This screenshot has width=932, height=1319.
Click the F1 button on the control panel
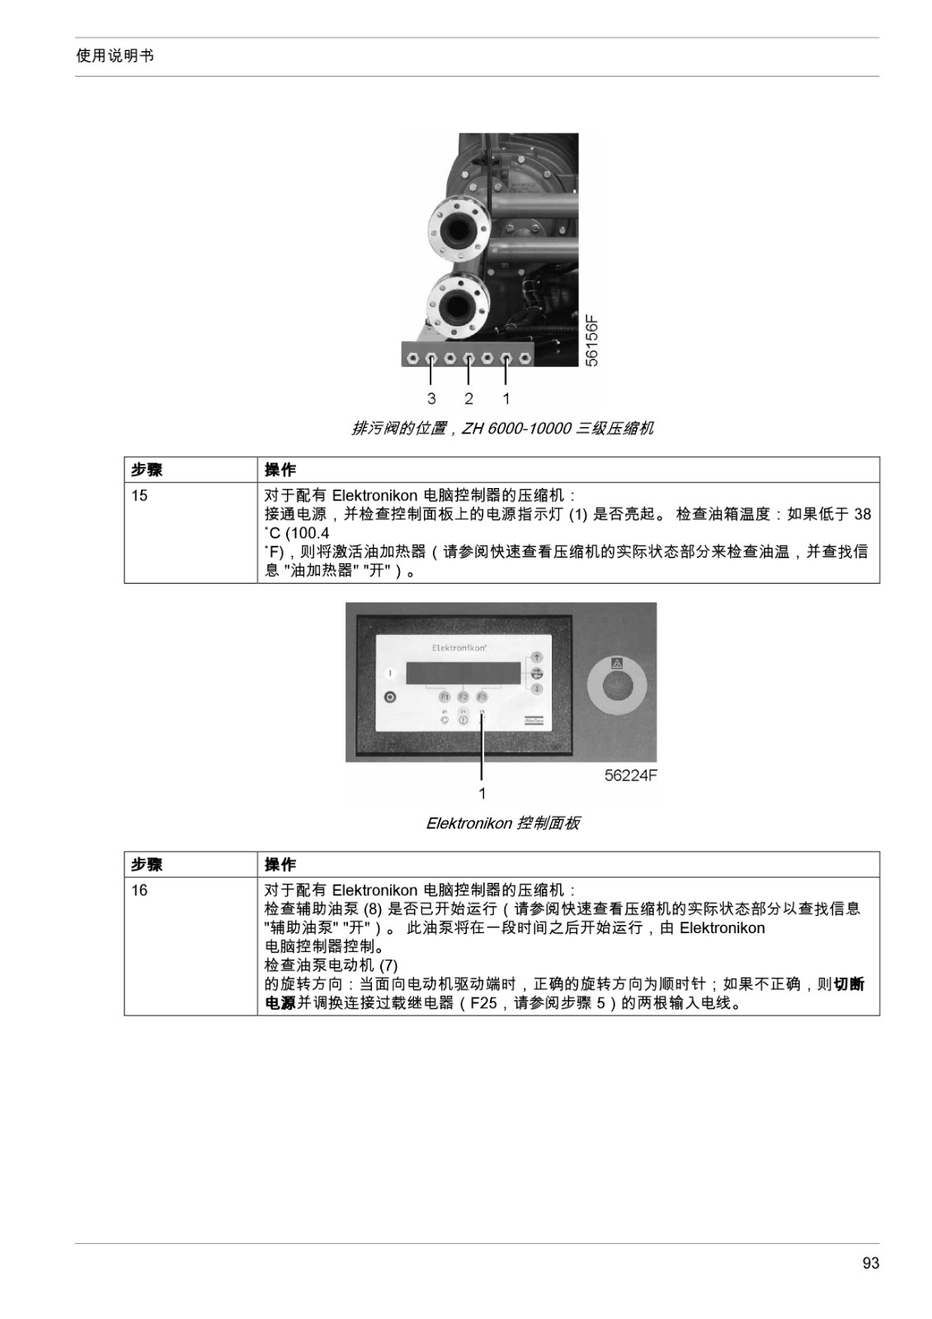[x=445, y=697]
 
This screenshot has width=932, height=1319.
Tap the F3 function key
[x=482, y=697]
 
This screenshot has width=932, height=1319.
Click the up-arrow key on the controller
[x=537, y=656]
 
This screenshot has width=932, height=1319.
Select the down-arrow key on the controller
[x=537, y=689]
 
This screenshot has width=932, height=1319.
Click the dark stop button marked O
[x=389, y=697]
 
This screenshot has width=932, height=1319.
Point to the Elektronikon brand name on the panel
[x=459, y=648]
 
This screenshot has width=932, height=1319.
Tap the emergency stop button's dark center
[x=617, y=688]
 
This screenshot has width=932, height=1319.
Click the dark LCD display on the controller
[x=464, y=673]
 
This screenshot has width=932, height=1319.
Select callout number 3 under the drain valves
[x=432, y=399]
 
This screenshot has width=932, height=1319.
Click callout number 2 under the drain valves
[x=468, y=399]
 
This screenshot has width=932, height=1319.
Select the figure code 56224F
[x=630, y=776]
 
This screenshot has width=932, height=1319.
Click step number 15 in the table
[x=139, y=495]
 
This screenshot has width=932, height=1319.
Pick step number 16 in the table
[x=139, y=890]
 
